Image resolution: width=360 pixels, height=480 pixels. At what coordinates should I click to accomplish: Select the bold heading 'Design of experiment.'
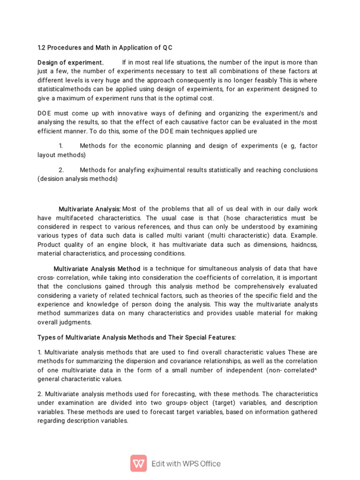point(70,63)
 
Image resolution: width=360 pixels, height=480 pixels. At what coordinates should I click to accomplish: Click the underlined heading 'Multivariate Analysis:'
point(90,209)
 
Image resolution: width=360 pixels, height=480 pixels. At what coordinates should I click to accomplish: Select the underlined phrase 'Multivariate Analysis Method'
point(97,269)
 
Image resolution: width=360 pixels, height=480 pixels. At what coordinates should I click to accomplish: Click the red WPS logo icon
point(139,463)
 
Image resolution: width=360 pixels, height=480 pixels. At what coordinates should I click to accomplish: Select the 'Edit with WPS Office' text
point(186,464)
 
